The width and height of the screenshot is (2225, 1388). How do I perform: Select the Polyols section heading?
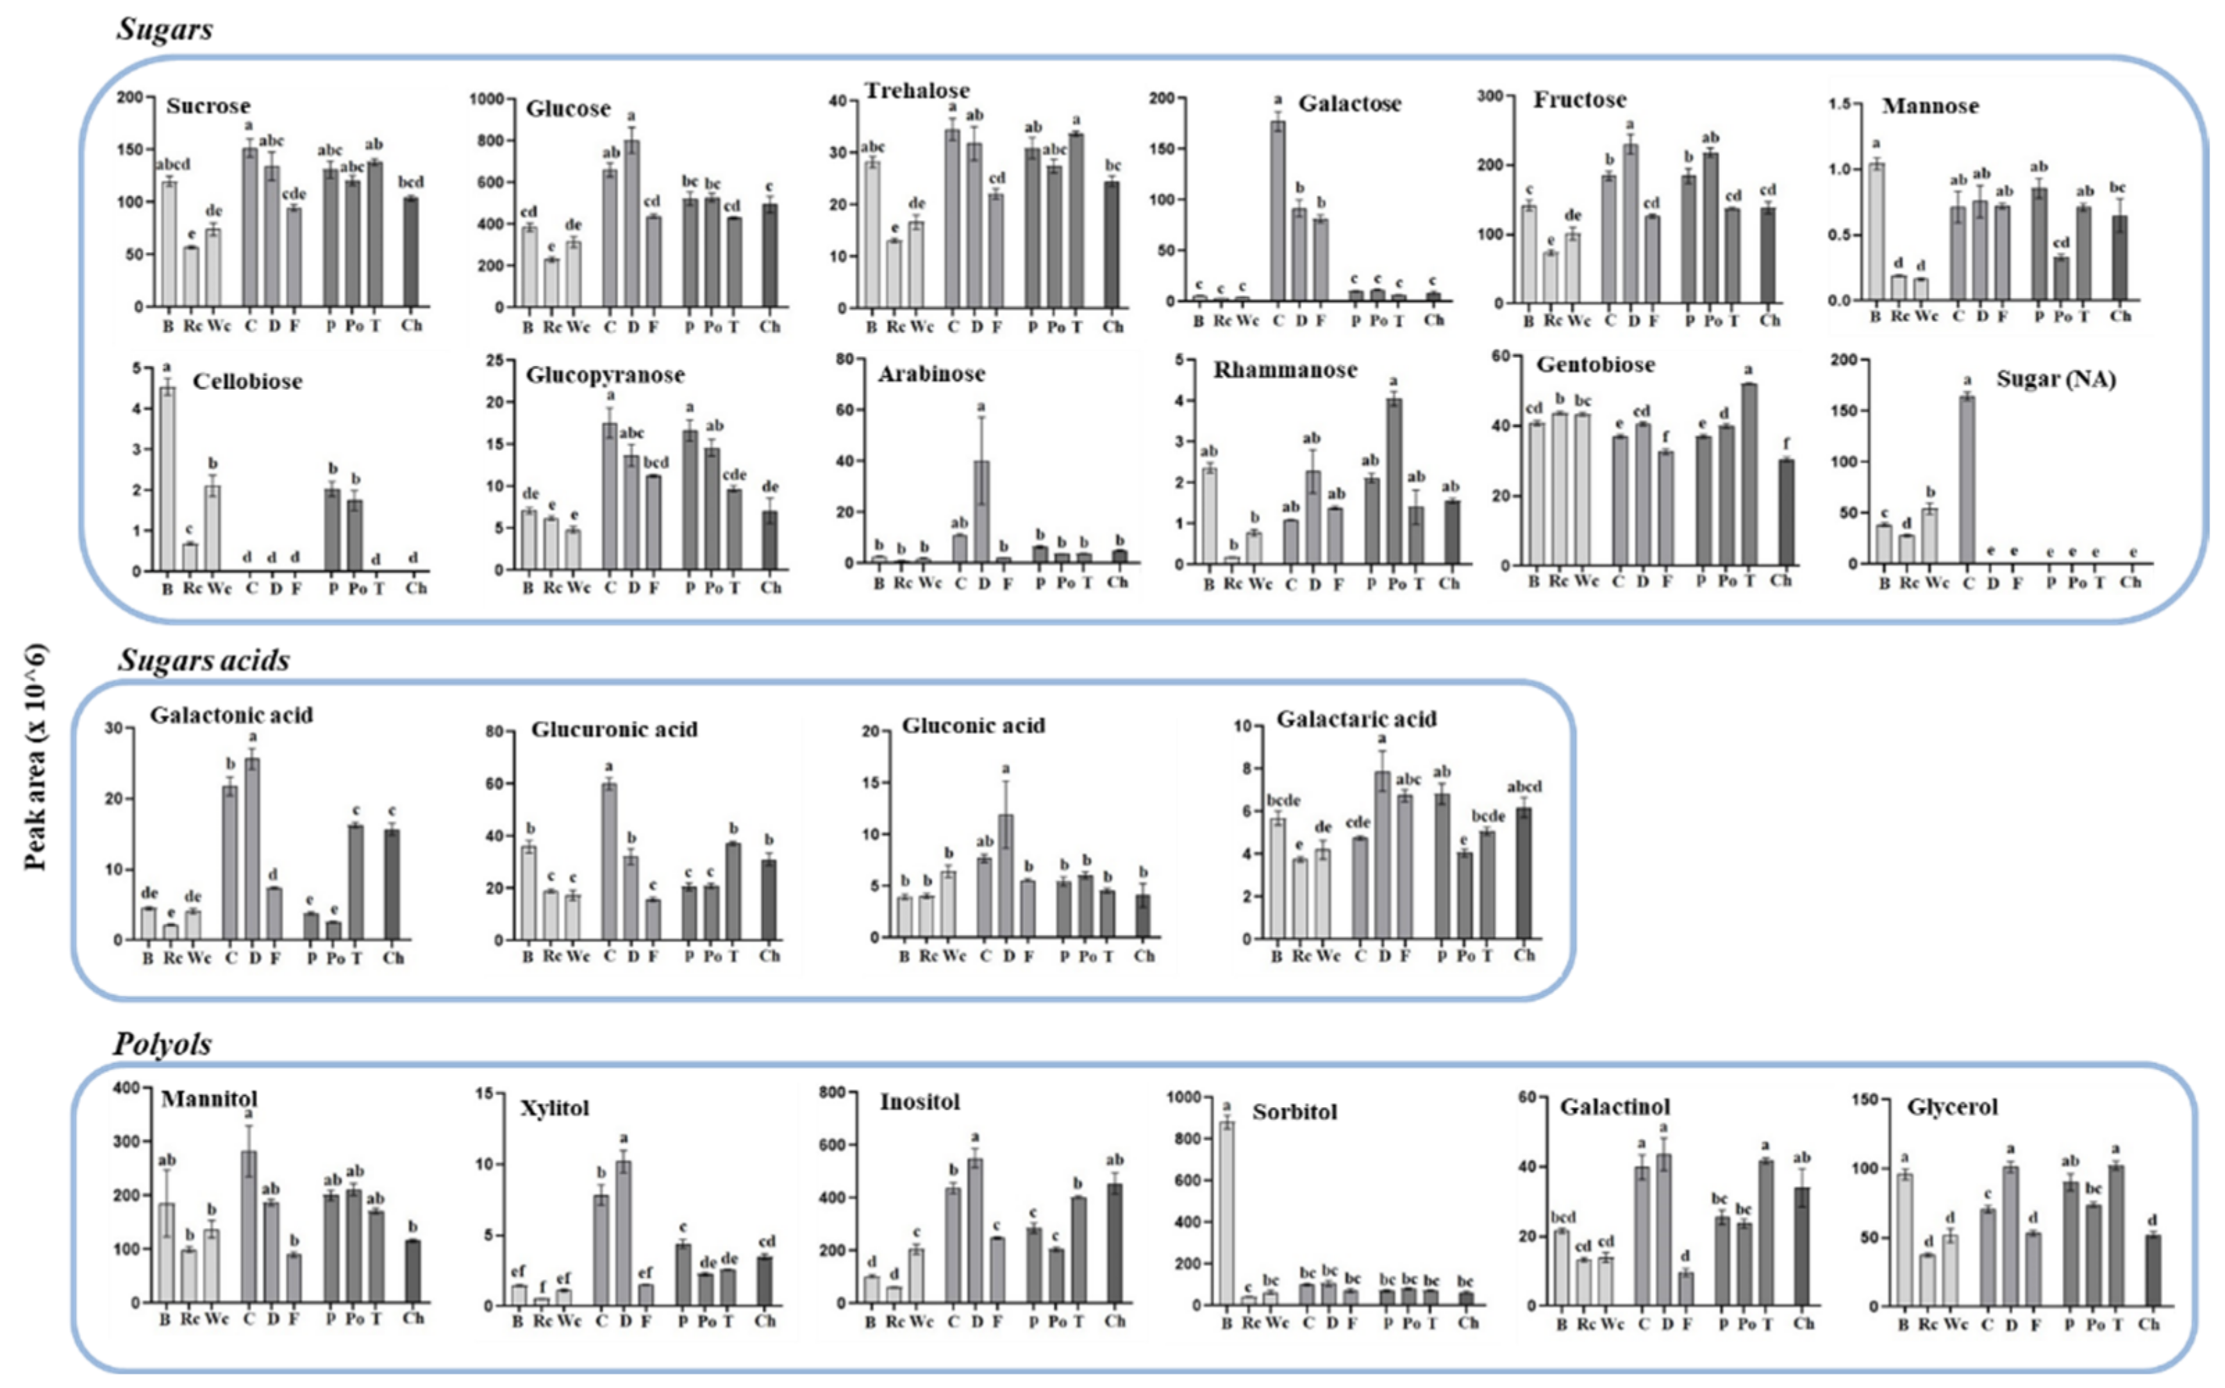pyautogui.click(x=162, y=1044)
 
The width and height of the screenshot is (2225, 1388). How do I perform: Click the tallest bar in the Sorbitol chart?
pyautogui.click(x=1227, y=1212)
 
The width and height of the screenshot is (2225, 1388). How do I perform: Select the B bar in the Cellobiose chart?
pyautogui.click(x=167, y=478)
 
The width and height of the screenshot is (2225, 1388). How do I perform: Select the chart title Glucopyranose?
pyautogui.click(x=604, y=375)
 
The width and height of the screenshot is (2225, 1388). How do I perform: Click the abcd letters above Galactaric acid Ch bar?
pyautogui.click(x=1524, y=787)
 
